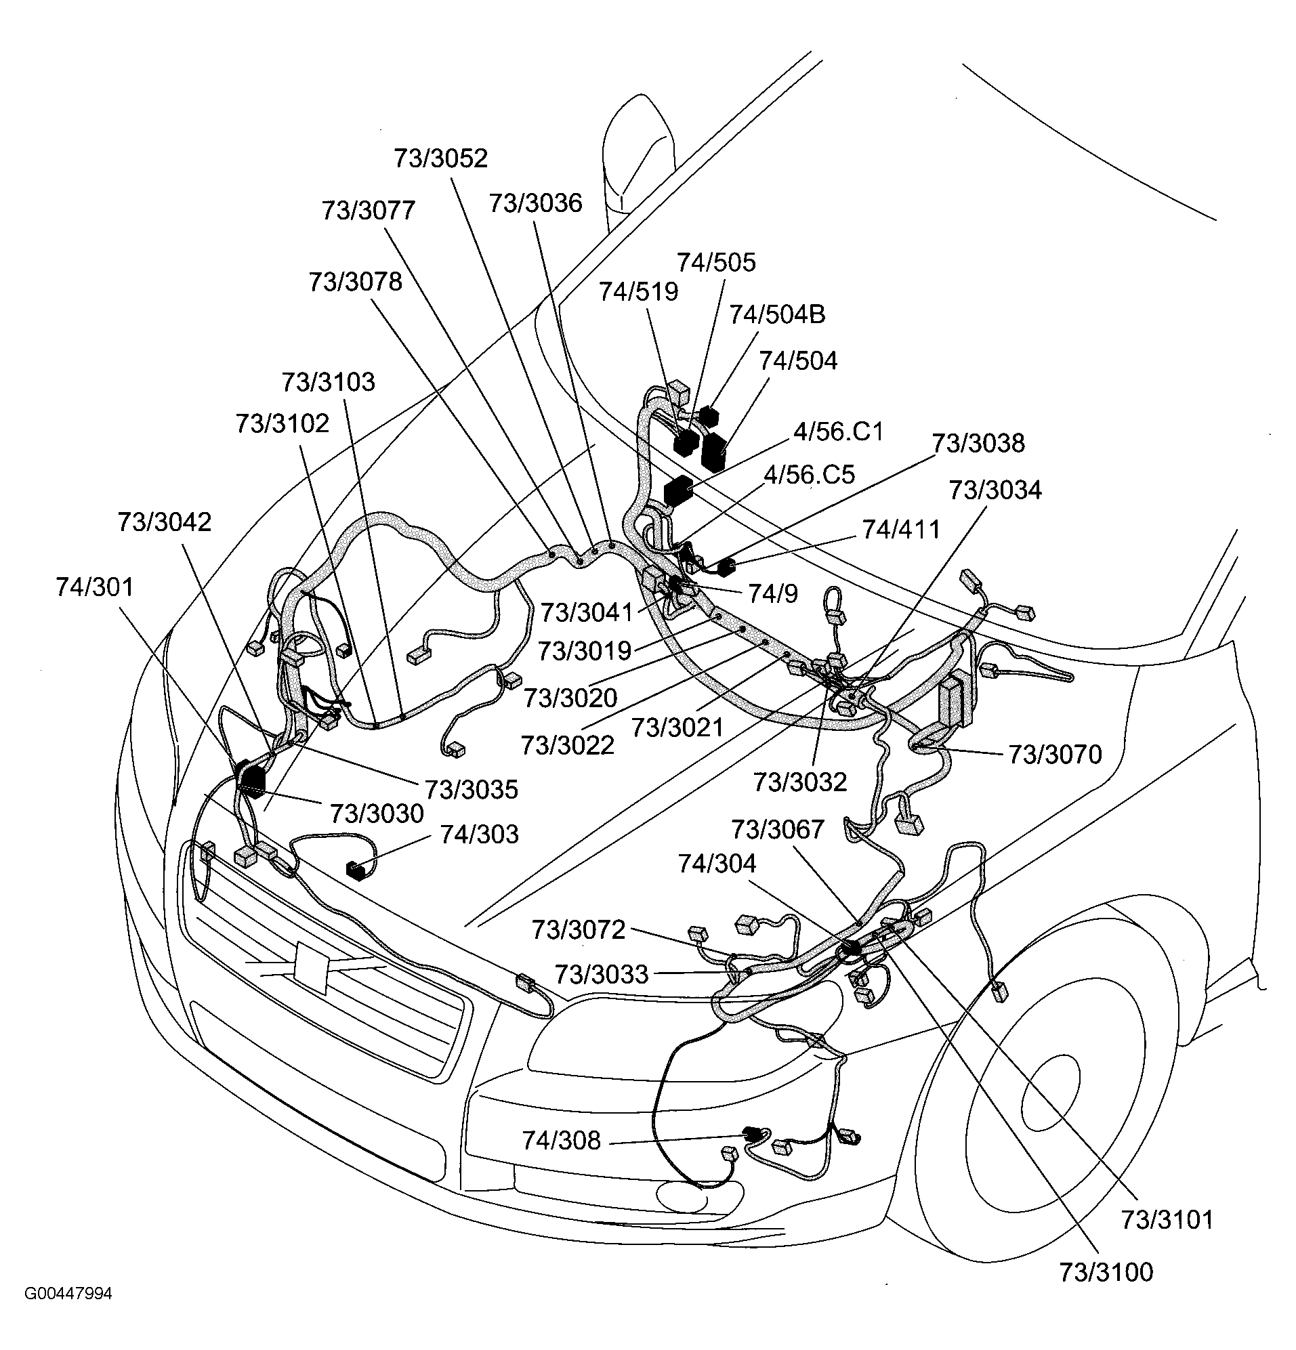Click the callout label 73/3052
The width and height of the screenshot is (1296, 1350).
click(x=440, y=159)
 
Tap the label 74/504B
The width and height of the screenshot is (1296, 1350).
click(x=777, y=314)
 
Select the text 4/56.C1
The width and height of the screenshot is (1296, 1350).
click(x=838, y=431)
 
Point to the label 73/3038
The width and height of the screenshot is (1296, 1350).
click(x=978, y=443)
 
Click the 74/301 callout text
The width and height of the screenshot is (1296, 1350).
click(x=94, y=587)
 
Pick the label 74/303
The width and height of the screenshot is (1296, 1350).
click(x=479, y=834)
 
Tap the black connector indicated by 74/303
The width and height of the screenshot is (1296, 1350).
click(x=356, y=870)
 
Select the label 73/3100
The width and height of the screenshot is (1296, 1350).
click(x=1106, y=1272)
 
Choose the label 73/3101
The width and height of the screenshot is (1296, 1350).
click(x=1167, y=1220)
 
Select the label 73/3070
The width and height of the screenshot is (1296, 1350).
click(x=1055, y=754)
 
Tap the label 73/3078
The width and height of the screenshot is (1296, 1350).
click(x=355, y=282)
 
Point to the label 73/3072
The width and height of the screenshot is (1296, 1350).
click(x=578, y=930)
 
